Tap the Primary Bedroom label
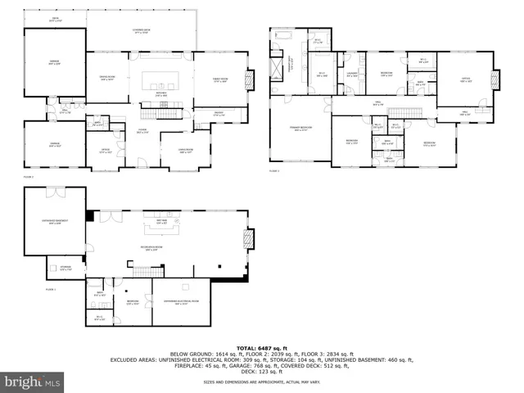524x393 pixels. pyautogui.click(x=300, y=129)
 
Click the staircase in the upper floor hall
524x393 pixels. pyautogui.click(x=403, y=111)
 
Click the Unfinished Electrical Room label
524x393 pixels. pyautogui.click(x=181, y=302)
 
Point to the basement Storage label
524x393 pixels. pyautogui.click(x=65, y=269)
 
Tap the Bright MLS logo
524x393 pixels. pyautogui.click(x=33, y=382)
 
